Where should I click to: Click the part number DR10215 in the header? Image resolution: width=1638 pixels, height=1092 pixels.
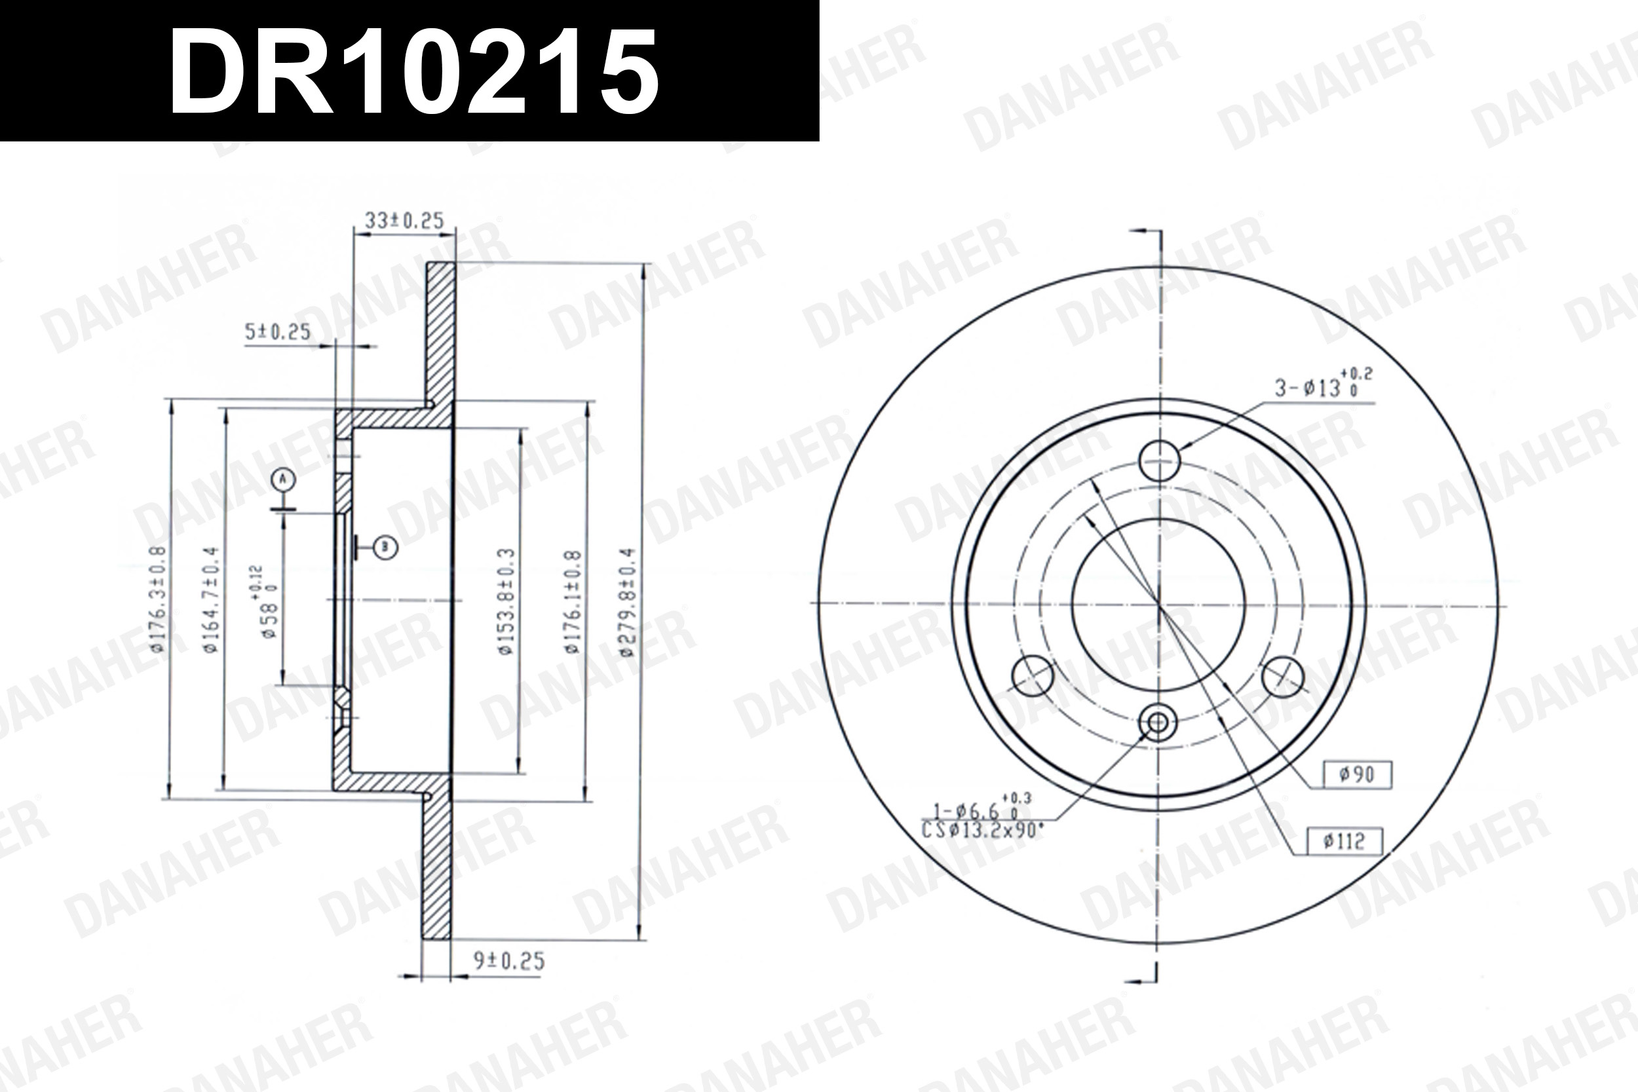pyautogui.click(x=413, y=72)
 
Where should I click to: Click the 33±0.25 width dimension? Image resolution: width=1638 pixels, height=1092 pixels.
pyautogui.click(x=404, y=221)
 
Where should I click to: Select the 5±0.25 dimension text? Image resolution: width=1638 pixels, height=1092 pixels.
pyautogui.click(x=277, y=332)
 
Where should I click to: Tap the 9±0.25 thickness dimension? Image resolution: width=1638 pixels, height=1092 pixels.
pyautogui.click(x=509, y=962)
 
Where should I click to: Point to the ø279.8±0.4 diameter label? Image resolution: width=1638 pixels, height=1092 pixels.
pyautogui.click(x=628, y=603)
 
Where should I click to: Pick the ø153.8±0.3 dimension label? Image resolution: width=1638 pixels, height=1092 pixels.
pyautogui.click(x=506, y=602)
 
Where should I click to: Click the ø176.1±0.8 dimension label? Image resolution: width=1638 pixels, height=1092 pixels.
pyautogui.click(x=573, y=603)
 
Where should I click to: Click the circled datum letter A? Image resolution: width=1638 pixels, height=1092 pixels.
pyautogui.click(x=283, y=479)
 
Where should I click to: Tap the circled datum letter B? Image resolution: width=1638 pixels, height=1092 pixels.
pyautogui.click(x=385, y=548)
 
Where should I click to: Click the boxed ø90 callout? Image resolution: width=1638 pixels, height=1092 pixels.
pyautogui.click(x=1357, y=774)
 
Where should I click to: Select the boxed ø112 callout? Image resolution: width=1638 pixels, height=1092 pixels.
pyautogui.click(x=1344, y=841)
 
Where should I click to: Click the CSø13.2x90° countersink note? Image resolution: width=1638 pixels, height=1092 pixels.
pyautogui.click(x=982, y=830)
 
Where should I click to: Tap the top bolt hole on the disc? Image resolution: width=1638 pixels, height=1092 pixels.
pyautogui.click(x=1159, y=461)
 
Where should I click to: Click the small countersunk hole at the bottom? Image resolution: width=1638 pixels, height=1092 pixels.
pyautogui.click(x=1158, y=723)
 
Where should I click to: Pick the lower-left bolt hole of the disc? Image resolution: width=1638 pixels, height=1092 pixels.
pyautogui.click(x=1032, y=675)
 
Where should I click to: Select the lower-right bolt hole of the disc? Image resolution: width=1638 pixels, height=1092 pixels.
pyautogui.click(x=1282, y=675)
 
